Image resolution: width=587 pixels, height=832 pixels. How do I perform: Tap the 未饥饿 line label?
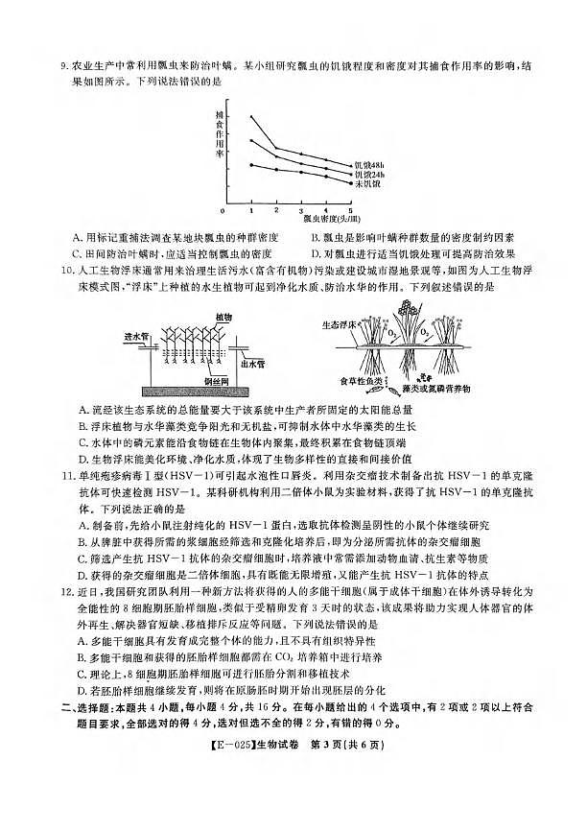[365, 184]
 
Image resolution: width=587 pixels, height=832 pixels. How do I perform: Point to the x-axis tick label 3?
[300, 210]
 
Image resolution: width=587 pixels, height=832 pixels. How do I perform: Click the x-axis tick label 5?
[350, 210]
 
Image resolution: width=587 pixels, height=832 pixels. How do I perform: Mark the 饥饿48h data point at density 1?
[251, 117]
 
